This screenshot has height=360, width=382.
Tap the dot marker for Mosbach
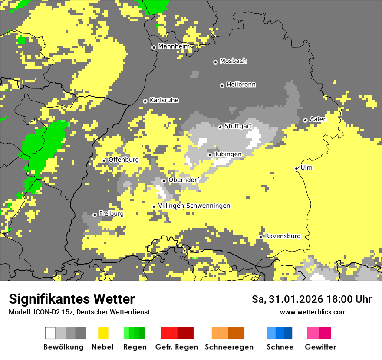(215, 62)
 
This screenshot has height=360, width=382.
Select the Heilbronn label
(241, 85)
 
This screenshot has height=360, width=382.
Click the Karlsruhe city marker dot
(145, 101)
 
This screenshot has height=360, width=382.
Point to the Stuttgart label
(238, 126)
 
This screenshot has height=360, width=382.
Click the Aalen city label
(318, 119)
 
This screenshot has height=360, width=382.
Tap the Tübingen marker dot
(210, 155)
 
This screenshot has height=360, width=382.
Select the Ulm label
(306, 167)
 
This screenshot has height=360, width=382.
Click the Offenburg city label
(124, 160)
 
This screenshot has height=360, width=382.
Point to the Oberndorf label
(184, 180)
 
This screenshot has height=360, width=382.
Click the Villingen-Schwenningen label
(194, 206)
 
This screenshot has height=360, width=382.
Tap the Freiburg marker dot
(95, 215)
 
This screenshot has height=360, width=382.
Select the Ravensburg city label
(283, 236)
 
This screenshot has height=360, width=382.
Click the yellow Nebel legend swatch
(103, 333)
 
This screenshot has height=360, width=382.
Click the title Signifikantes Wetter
(72, 299)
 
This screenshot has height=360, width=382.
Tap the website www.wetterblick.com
(313, 312)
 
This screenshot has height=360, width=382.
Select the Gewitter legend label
(320, 347)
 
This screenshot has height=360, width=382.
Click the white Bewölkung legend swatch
(50, 333)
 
